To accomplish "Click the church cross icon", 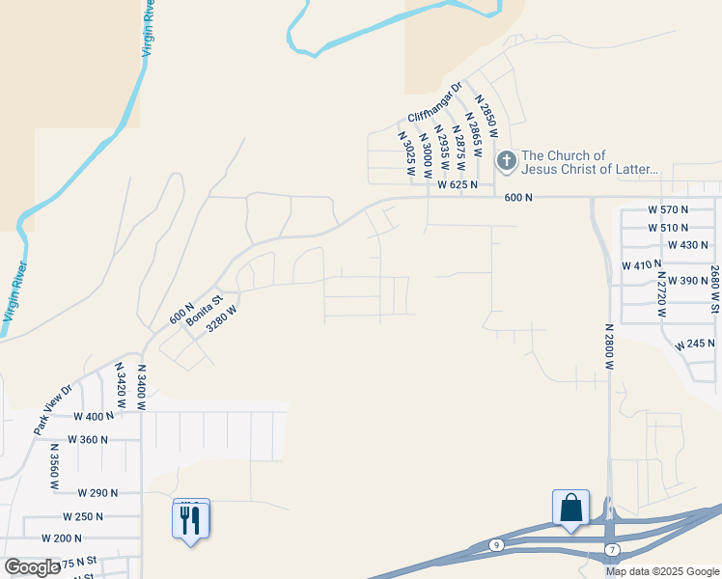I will point(507,161).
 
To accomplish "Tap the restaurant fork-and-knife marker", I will point(190,520).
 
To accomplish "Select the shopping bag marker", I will point(570,508).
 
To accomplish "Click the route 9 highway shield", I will point(496,545).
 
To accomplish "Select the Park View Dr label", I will point(53,410).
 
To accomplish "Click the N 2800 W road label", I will point(610,346).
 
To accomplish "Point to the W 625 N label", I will point(458,184).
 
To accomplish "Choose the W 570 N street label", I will point(669,209).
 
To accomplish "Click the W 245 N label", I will point(693,344).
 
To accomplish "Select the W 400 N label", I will point(95,416).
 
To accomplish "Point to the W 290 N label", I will point(97,492).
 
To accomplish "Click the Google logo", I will point(32,567).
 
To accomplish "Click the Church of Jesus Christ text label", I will point(589,162).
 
